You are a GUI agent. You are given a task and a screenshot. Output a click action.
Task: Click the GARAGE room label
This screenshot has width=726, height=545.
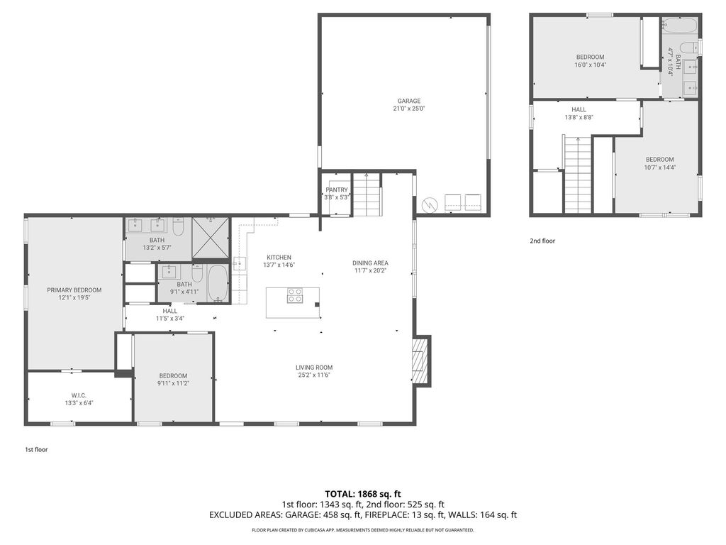pos(409,101)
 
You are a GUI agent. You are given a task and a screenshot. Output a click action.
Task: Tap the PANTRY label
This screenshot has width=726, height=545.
pos(337,190)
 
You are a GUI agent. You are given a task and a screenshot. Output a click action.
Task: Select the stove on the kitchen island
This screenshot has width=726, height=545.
pos(296,295)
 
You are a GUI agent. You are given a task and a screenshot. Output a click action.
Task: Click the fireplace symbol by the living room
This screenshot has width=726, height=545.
pos(420,361)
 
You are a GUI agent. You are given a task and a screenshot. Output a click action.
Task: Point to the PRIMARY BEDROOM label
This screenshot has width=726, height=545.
pos(74,290)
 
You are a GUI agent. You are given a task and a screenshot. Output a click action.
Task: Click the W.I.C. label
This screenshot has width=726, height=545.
pos(79,395)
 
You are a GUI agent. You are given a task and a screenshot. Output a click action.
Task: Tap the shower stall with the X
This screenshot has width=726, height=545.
pos(210,237)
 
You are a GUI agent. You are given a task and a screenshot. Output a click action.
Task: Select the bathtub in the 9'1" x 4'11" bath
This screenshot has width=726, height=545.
pos(217,283)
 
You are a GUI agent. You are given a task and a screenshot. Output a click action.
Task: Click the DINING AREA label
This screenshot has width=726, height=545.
pos(370,263)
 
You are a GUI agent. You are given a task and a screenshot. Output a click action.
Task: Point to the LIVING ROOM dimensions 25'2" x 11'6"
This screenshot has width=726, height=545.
pos(314,375)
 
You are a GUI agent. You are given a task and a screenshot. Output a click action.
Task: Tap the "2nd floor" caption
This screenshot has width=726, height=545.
pos(542,241)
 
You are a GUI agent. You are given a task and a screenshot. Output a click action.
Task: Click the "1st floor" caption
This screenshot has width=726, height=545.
pos(36,449)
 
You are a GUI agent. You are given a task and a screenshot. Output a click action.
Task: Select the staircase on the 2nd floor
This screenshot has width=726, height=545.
pos(578,175)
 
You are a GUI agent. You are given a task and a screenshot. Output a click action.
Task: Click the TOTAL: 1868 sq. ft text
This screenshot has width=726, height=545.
pos(363,494)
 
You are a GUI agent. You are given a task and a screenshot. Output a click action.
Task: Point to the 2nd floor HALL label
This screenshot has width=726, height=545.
pos(579,110)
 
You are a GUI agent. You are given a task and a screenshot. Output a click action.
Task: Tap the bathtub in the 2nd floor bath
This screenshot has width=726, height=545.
pos(679,26)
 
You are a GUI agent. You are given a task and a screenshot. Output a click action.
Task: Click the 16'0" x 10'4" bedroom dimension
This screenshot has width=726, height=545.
pos(591,65)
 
